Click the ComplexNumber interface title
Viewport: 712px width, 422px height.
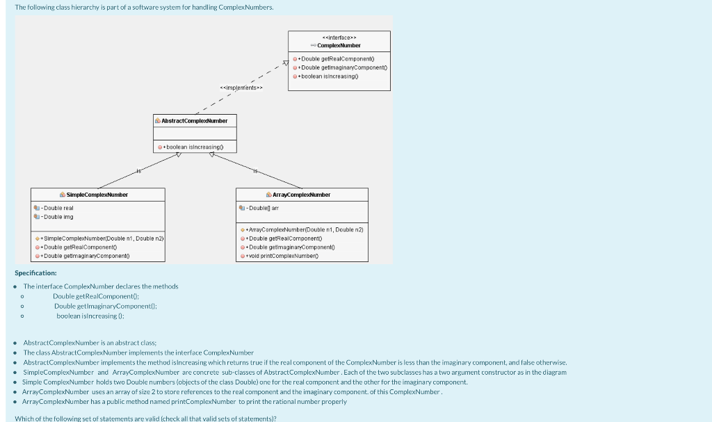tap(339, 45)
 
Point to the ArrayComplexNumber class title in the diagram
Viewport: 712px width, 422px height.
tap(301, 195)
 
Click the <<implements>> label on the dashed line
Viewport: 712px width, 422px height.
tap(241, 88)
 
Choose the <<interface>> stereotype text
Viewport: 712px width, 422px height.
tap(339, 37)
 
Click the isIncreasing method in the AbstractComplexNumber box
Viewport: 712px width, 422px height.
tap(194, 147)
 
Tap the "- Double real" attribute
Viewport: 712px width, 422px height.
tap(58, 208)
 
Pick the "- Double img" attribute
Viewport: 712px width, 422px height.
tap(58, 217)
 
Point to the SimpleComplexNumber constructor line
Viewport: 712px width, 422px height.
tap(102, 238)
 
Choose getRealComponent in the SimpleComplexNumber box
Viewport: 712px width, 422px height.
tap(79, 247)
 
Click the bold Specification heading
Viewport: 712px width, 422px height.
tap(35, 273)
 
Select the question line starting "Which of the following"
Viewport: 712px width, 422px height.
tap(145, 418)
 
